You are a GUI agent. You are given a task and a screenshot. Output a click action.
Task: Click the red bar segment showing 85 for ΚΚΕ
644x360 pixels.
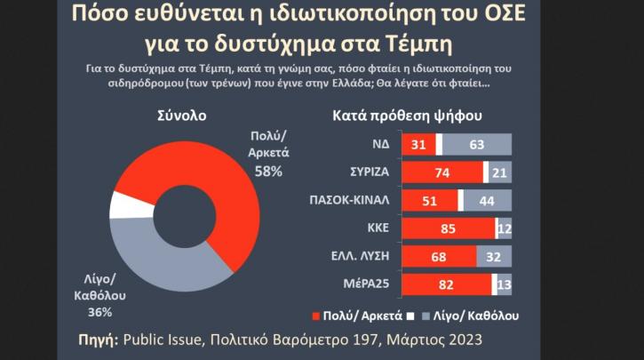click(449, 229)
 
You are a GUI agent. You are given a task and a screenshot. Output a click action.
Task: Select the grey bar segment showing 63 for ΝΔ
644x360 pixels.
click(477, 144)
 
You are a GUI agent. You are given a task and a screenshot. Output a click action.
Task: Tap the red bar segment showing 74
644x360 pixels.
click(442, 172)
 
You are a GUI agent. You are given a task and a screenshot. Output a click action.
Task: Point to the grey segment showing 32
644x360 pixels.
click(495, 258)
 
